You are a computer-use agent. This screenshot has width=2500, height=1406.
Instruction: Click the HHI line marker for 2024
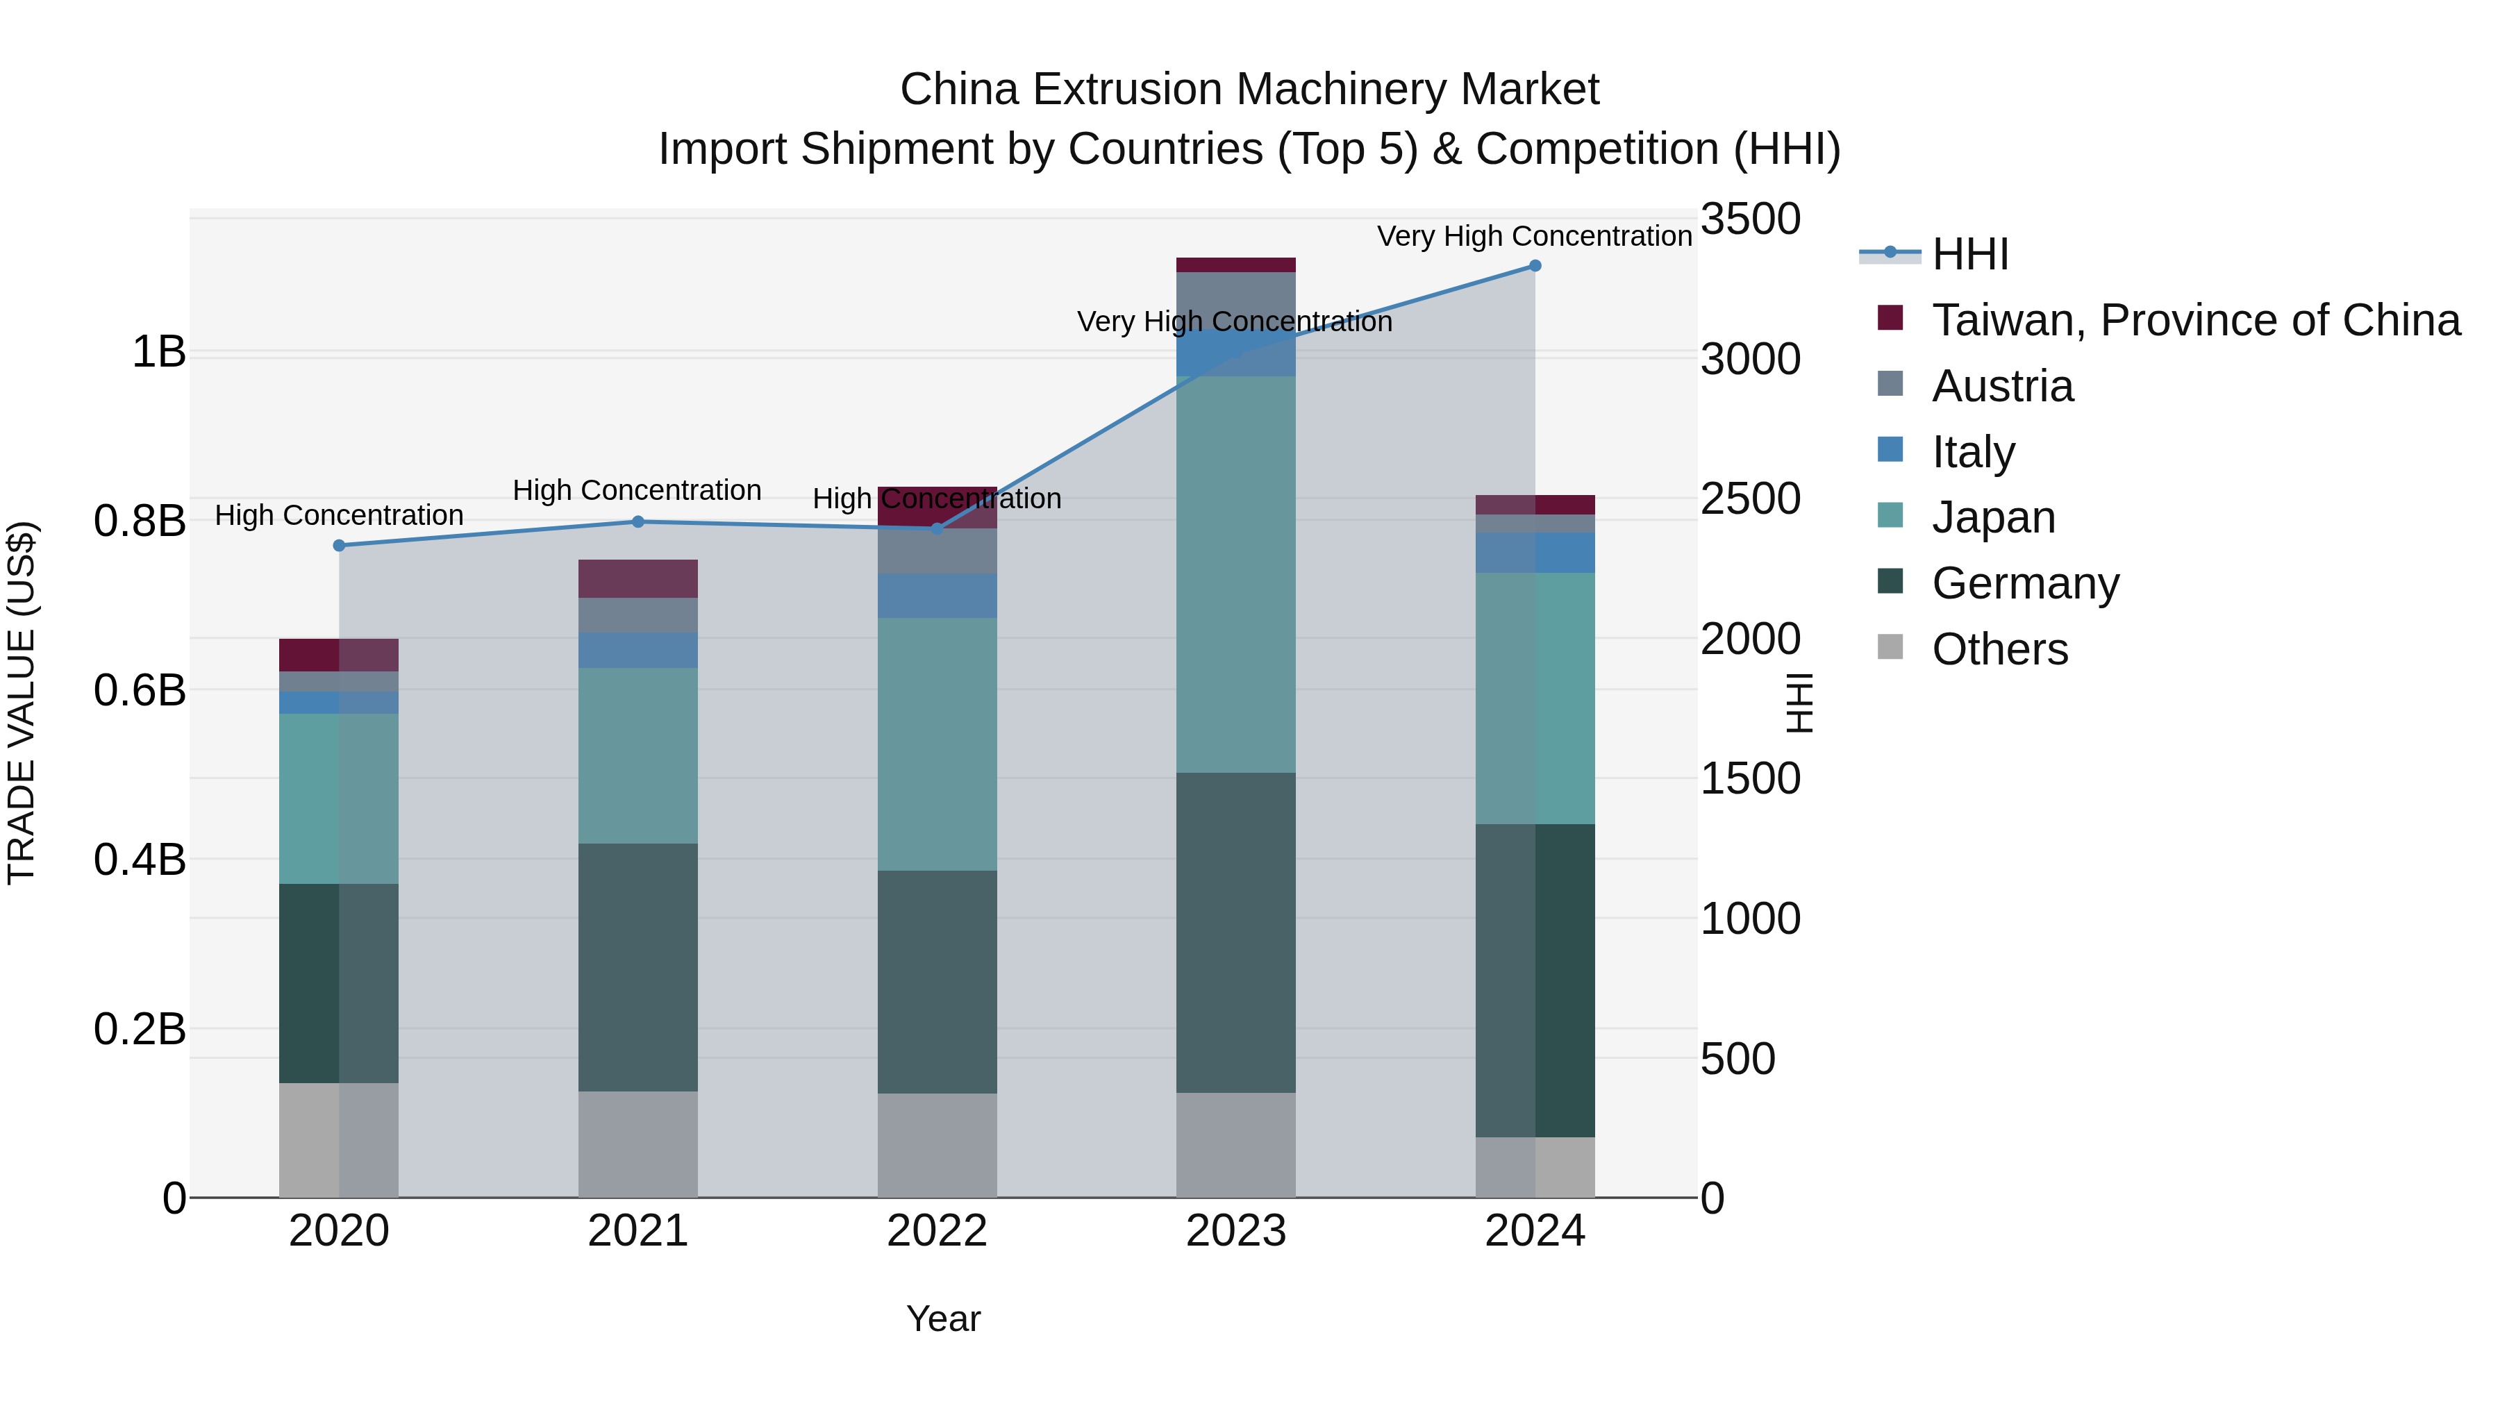point(1534,266)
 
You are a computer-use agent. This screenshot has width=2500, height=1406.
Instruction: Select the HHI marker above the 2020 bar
point(339,545)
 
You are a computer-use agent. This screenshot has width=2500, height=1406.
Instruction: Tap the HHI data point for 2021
point(637,522)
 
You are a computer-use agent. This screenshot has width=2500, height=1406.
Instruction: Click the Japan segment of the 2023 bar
point(1235,574)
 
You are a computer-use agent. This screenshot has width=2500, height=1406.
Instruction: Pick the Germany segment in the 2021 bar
point(637,967)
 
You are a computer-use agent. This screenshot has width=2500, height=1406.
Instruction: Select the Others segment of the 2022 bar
point(937,1145)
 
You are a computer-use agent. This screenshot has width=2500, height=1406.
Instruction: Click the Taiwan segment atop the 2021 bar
point(637,578)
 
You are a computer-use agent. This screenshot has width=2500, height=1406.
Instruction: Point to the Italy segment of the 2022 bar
point(937,596)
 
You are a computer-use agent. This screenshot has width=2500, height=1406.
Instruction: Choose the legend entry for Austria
point(2001,386)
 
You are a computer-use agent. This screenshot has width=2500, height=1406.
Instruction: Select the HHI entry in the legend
point(1969,254)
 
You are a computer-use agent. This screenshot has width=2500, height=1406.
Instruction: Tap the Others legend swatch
point(1890,647)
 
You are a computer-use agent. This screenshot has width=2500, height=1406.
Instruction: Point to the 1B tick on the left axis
point(158,351)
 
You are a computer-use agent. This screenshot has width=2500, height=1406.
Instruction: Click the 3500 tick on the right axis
point(1750,219)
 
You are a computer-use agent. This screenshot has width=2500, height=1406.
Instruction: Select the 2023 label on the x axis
point(1235,1231)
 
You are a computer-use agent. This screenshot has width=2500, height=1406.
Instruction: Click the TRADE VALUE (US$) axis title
point(22,703)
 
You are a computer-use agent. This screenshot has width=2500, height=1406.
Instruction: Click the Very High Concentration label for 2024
point(1534,236)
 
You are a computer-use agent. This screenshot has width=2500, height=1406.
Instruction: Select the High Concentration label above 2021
point(637,490)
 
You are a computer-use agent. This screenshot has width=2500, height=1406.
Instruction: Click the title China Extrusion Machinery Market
point(1249,90)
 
